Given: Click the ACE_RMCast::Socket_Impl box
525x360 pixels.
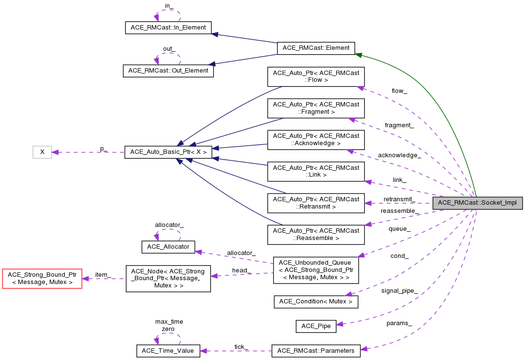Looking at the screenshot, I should pos(478,203).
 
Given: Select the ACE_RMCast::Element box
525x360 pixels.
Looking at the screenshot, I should pos(316,48).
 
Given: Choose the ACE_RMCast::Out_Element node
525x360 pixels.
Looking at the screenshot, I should pos(168,71).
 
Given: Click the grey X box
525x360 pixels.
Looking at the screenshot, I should pos(42,152).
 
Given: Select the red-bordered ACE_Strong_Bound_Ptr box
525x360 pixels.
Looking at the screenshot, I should pos(42,278).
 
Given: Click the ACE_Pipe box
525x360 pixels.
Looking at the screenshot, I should pos(316,326).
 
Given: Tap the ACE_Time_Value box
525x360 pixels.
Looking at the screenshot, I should pos(168,351).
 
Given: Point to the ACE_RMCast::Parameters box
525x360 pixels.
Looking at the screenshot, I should pos(316,351).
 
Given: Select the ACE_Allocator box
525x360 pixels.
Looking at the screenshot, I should pos(168,247).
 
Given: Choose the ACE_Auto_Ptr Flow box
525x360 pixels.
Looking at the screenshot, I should pos(316,76).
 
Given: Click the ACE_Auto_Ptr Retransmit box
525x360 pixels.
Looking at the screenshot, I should pos(316,203).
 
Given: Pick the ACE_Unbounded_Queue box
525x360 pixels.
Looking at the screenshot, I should pos(316,270).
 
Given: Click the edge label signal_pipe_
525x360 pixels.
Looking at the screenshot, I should pos(399,291).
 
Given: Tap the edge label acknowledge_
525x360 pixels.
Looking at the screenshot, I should pos(399,155).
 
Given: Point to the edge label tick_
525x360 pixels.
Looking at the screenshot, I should pos(241,346).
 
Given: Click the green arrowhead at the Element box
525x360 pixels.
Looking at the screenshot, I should pos(359,55).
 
